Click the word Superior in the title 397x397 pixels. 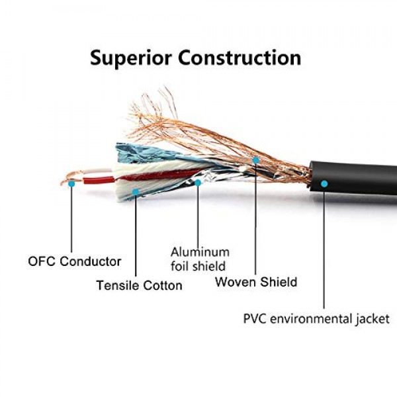click(131, 59)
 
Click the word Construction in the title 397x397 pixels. click(240, 58)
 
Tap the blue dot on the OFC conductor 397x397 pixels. click(71, 184)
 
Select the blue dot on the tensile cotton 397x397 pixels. click(136, 192)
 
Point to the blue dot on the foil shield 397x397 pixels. click(198, 183)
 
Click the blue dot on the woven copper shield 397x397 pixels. click(255, 160)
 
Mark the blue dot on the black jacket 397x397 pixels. click(324, 184)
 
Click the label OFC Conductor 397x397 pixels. click(74, 261)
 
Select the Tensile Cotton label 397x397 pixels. click(139, 285)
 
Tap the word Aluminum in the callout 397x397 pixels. click(200, 252)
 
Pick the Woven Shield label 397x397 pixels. click(256, 282)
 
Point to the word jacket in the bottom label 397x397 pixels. click(373, 319)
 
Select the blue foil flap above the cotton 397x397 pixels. click(142, 154)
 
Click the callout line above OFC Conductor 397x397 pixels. click(71, 220)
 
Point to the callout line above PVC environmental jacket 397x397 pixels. click(324, 247)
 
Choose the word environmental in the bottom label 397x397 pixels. click(311, 318)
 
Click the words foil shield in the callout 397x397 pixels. click(198, 266)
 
